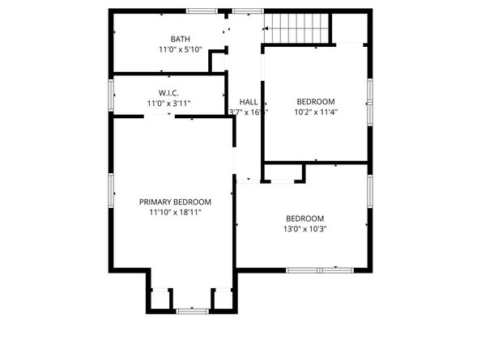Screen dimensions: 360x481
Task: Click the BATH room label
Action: [180, 39]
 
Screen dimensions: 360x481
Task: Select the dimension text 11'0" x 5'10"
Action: [180, 49]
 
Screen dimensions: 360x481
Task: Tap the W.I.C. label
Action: [168, 93]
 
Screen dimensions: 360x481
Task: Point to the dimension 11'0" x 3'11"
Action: [168, 104]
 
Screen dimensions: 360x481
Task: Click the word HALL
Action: [248, 101]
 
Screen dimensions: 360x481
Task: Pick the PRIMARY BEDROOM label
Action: [175, 202]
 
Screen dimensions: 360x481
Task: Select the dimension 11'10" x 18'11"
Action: [175, 213]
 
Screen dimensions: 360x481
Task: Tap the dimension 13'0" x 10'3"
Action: [304, 229]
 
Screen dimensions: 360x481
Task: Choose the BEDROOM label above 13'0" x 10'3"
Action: [304, 218]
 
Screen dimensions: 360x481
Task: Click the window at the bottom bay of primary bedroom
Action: [192, 310]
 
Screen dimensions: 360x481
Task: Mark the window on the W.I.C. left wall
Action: [111, 94]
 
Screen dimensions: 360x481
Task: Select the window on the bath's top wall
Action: [202, 11]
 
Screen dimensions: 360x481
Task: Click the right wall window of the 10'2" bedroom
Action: [370, 103]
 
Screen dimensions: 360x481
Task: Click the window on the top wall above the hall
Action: [248, 11]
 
